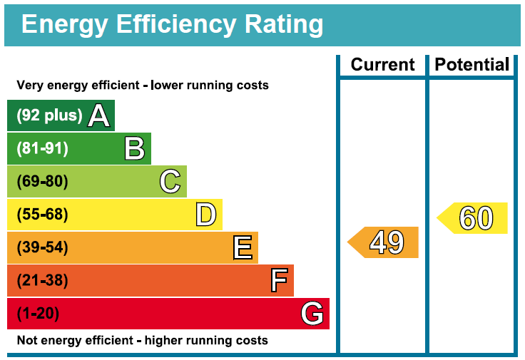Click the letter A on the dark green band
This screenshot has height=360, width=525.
pos(99,115)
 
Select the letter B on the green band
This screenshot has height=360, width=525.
pos(135,148)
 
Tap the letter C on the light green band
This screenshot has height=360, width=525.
pos(170,182)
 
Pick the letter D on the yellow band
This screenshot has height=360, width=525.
pos(206,215)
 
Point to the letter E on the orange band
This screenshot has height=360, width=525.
pos(243,248)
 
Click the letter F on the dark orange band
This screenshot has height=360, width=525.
pos(279,281)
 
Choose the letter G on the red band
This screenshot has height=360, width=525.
pos(312,314)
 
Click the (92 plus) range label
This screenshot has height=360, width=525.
pos(49,115)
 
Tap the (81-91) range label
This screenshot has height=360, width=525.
pos(42,148)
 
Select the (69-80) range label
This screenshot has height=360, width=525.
pos(42,182)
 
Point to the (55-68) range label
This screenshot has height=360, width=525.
pos(42,215)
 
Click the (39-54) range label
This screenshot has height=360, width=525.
pos(42,248)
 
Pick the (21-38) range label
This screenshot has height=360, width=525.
pos(42,281)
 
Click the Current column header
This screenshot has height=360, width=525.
pos(382,65)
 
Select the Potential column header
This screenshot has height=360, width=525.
pos(472,65)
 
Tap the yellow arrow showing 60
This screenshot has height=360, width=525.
pos(474,218)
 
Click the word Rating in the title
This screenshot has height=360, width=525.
pos(284,24)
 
